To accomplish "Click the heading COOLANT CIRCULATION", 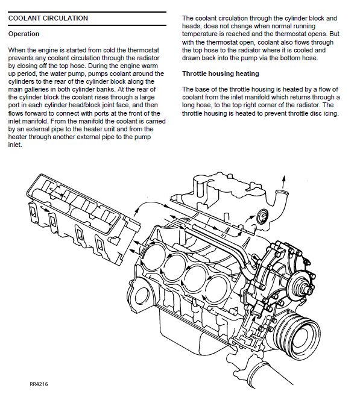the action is point(48,18).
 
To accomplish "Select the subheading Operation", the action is point(24,34).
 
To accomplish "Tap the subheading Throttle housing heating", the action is point(221,73).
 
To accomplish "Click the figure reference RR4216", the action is point(39,384).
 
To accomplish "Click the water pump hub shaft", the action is point(308,290).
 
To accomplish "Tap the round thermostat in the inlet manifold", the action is point(262,216).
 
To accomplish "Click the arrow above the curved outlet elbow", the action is point(283,182).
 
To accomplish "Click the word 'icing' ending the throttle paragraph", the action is point(330,113).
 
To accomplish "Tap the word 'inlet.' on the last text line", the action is point(15,145).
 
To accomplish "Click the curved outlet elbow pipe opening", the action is point(282,192).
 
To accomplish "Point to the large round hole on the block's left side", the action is point(142,296).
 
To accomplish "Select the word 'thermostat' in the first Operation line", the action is point(144,50).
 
